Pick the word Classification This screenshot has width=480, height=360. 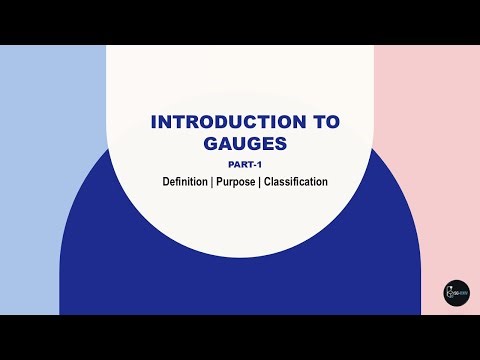click(296, 183)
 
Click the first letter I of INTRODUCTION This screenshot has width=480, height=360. click(153, 122)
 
